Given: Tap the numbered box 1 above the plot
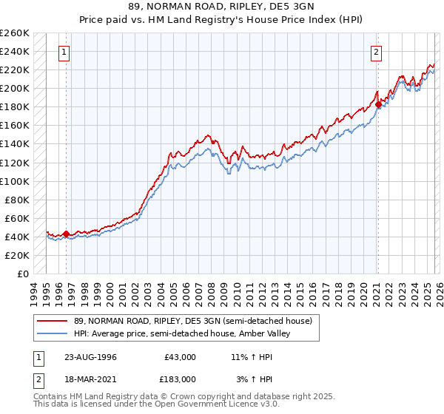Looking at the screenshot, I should click(x=66, y=52).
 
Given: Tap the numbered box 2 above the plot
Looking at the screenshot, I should click(x=377, y=52).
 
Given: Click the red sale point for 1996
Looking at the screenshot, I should click(x=67, y=234).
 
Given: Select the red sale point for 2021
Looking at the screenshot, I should click(x=378, y=104).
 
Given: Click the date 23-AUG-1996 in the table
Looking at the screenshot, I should click(x=90, y=357).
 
